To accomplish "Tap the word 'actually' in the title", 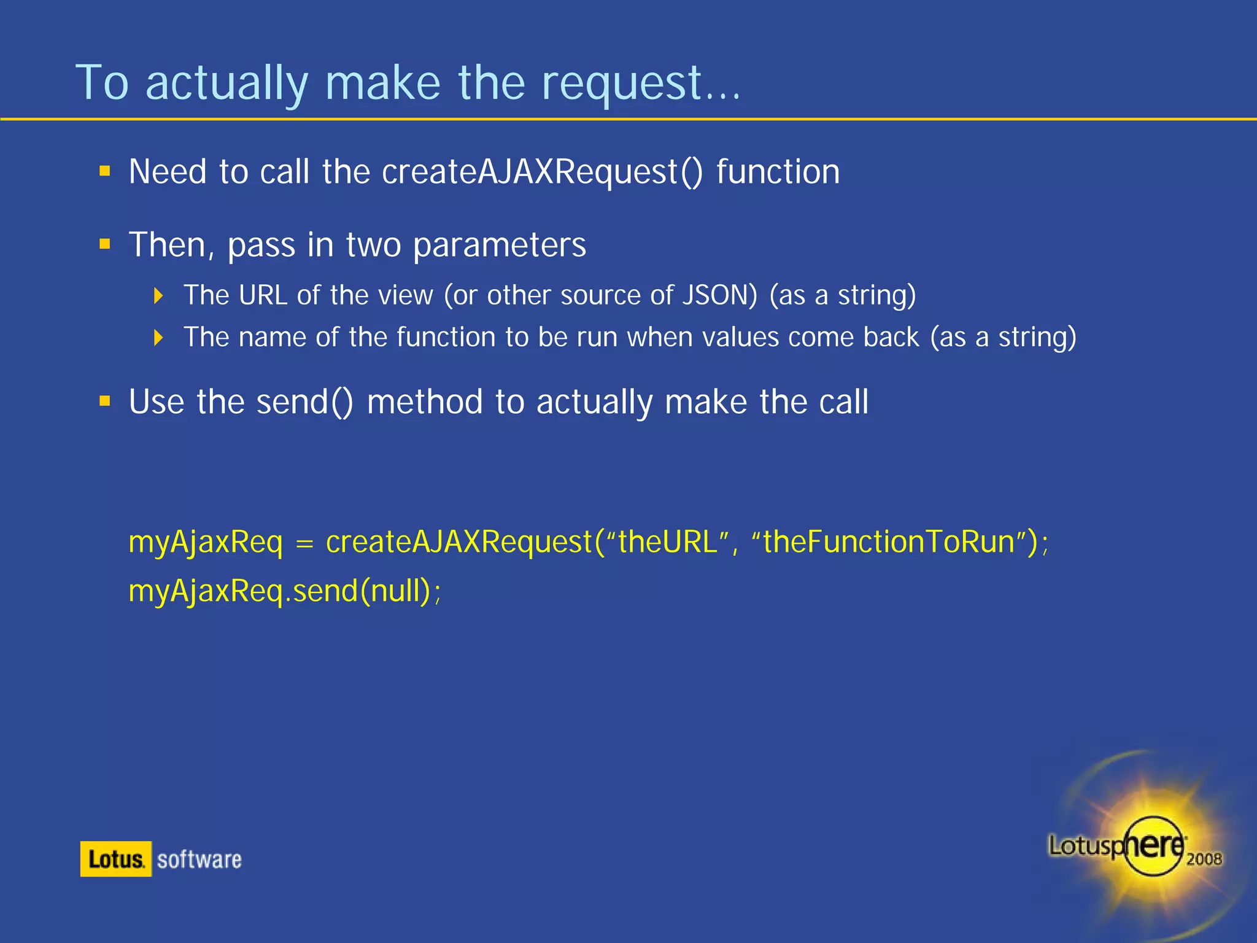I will point(226,85).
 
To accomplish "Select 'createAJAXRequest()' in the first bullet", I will point(542,172).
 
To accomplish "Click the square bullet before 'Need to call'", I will point(105,171).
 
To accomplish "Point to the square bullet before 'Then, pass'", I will point(105,244).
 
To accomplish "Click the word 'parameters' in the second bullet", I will point(500,246).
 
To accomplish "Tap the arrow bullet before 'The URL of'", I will point(159,296).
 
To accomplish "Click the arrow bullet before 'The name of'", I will point(159,337).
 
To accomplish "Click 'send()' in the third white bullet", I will point(304,403).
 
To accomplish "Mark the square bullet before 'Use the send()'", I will point(105,402).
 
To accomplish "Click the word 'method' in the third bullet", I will point(424,403).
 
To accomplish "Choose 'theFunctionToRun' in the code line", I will point(889,542).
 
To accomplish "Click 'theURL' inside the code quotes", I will point(668,542).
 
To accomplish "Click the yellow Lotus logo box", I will point(116,859).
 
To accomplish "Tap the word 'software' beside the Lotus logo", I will point(199,860).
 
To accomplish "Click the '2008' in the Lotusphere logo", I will point(1204,859).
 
